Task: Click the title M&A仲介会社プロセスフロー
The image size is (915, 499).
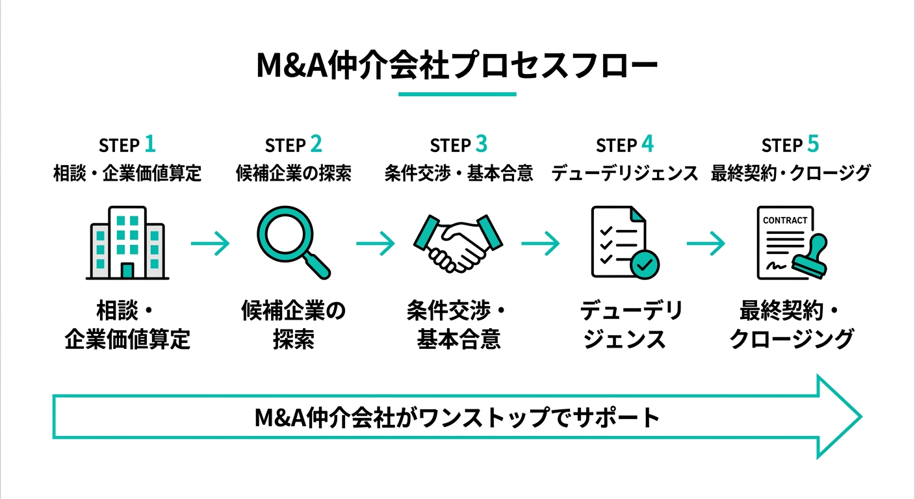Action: (457, 67)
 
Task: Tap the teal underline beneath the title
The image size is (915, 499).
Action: (457, 94)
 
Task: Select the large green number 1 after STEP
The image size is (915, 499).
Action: (149, 143)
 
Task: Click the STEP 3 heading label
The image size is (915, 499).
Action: (458, 144)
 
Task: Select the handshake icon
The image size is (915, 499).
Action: (459, 244)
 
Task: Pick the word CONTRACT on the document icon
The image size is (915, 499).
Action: (785, 220)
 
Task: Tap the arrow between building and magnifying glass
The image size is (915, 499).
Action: (210, 244)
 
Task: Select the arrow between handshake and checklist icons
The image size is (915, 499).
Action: (540, 244)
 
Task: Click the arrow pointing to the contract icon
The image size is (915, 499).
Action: (706, 244)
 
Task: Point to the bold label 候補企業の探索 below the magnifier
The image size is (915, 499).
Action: (294, 324)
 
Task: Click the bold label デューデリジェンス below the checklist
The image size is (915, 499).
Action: (625, 324)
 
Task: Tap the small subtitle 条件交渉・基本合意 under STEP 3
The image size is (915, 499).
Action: (458, 173)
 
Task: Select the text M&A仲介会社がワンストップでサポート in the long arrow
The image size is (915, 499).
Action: (457, 417)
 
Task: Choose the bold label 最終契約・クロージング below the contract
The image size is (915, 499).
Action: (790, 324)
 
